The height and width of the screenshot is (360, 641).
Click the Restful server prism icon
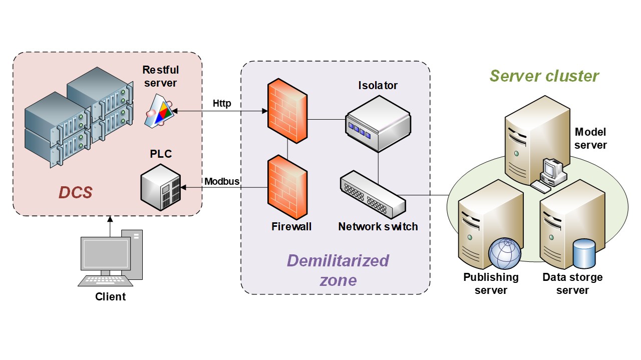pyautogui.click(x=160, y=112)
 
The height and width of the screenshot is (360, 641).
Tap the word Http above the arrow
pyautogui.click(x=222, y=104)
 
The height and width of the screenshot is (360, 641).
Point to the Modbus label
pyautogui.click(x=222, y=181)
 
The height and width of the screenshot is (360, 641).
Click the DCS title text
pyautogui.click(x=76, y=192)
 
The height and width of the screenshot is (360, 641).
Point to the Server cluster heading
pyautogui.click(x=544, y=76)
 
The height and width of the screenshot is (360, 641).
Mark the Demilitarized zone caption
pyautogui.click(x=338, y=270)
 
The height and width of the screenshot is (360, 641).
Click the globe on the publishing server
pyautogui.click(x=505, y=253)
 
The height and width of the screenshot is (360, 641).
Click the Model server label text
pyautogui.click(x=590, y=139)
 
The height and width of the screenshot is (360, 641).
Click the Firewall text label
pyautogui.click(x=291, y=226)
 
